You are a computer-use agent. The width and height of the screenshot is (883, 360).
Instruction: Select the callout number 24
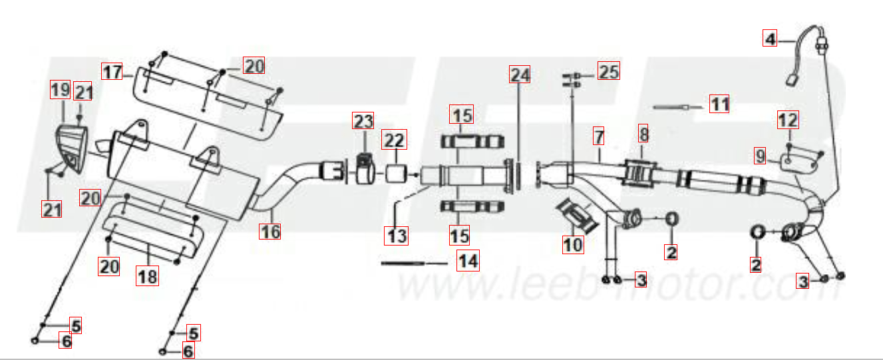coord(520,74)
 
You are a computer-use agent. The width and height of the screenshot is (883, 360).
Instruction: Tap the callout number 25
coord(609,71)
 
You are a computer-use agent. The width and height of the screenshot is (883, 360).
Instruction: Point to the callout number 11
coord(719,104)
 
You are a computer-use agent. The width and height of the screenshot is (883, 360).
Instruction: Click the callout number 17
coord(112,71)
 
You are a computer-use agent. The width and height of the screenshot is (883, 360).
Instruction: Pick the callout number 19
coord(61,90)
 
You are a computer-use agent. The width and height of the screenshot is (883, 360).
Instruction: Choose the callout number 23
coord(363,120)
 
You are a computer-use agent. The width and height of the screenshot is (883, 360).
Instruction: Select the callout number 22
coord(394,139)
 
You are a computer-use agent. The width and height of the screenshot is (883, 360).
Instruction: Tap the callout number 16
coord(270,231)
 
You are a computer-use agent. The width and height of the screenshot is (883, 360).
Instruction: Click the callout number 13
coord(396,236)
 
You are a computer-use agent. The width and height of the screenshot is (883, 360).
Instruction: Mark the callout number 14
coord(468,261)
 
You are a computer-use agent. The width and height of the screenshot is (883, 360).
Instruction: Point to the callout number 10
coord(573,245)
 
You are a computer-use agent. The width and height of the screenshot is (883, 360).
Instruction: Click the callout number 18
coord(148,275)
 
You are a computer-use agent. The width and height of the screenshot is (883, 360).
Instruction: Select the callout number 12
coord(788,120)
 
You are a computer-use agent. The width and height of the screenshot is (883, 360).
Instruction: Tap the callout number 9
coord(760,156)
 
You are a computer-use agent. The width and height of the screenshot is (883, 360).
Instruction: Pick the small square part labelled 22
coord(395,174)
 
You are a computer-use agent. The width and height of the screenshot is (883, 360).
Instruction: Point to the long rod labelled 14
coord(403,263)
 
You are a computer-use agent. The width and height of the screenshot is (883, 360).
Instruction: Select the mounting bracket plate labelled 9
coord(799,162)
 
